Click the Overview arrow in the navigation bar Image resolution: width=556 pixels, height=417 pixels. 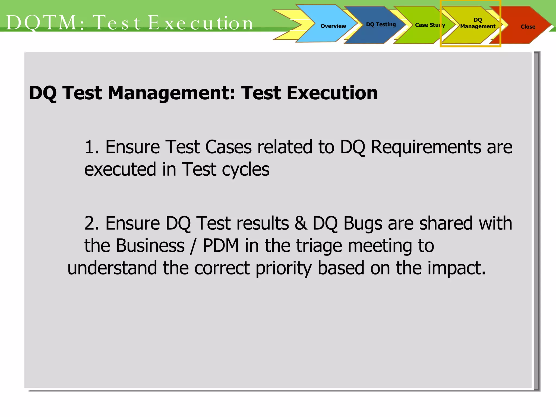pyautogui.click(x=333, y=26)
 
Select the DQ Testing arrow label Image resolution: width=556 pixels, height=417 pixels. pyautogui.click(x=381, y=25)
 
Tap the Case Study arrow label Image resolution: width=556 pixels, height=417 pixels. pyautogui.click(x=430, y=25)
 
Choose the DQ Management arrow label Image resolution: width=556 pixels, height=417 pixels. pyautogui.click(x=478, y=23)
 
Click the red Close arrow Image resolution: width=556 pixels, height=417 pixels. pyautogui.click(x=528, y=27)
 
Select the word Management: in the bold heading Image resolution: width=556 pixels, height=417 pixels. pyautogui.click(x=171, y=93)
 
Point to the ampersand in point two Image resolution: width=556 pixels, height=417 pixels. pyautogui.click(x=301, y=223)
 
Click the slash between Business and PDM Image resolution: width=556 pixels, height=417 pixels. pyautogui.click(x=193, y=246)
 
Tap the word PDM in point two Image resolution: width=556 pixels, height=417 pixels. pyautogui.click(x=221, y=246)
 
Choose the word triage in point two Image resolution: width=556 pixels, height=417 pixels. pyautogui.click(x=319, y=246)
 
